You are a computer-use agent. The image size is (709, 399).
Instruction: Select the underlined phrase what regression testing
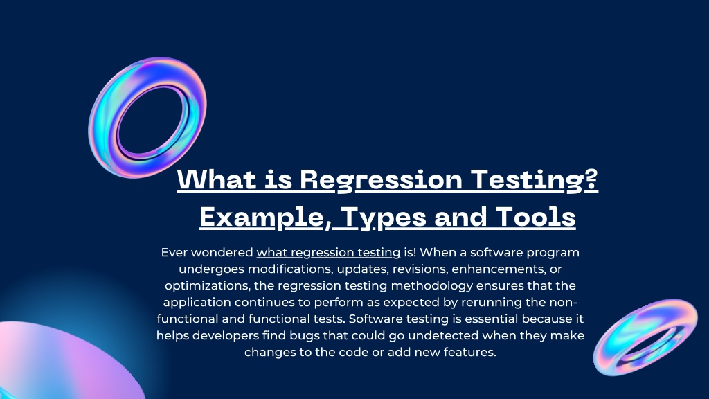pyautogui.click(x=329, y=253)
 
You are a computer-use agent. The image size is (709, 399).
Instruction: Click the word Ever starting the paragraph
pyautogui.click(x=174, y=253)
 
